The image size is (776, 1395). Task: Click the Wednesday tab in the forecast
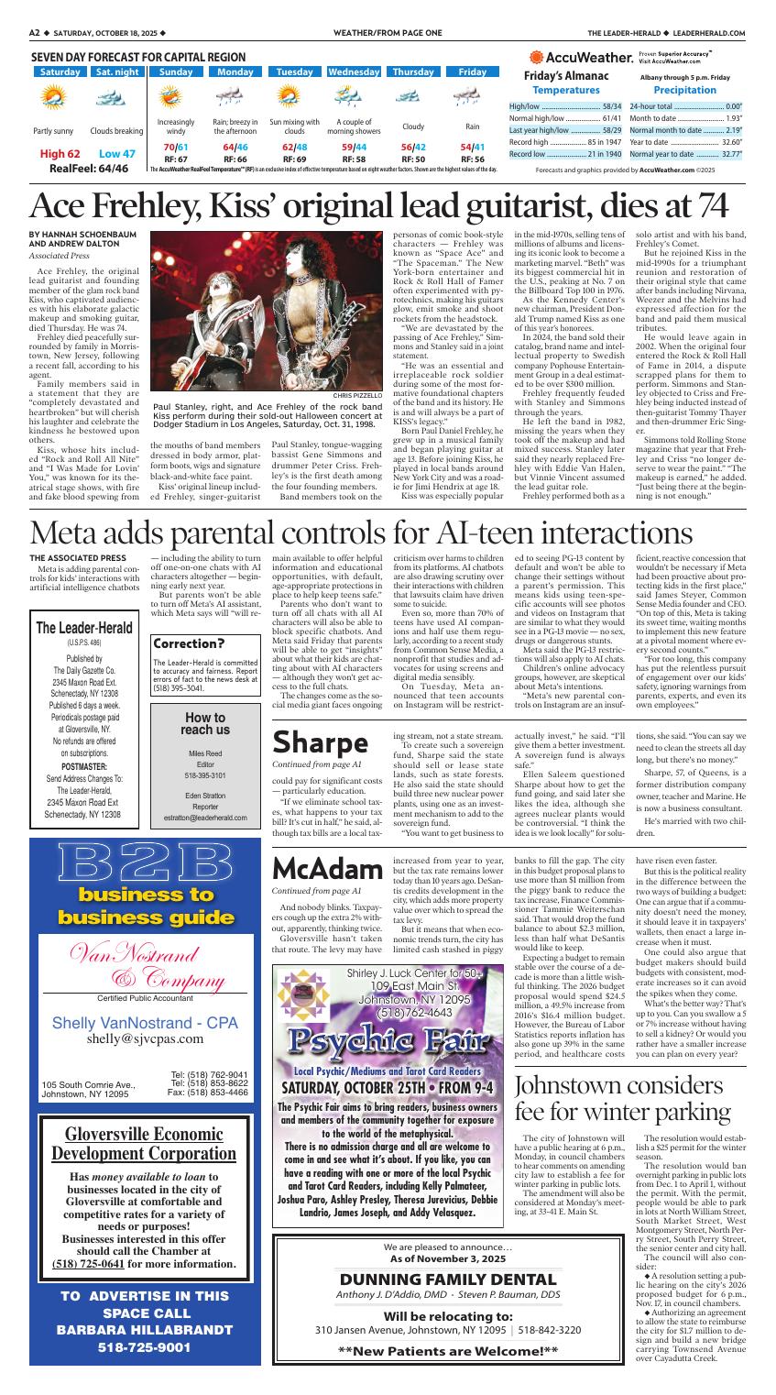[354, 71]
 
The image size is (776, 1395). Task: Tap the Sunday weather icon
[169, 96]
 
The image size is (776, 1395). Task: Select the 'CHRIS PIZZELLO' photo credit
[358, 396]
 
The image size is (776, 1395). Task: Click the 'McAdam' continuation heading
[327, 868]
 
